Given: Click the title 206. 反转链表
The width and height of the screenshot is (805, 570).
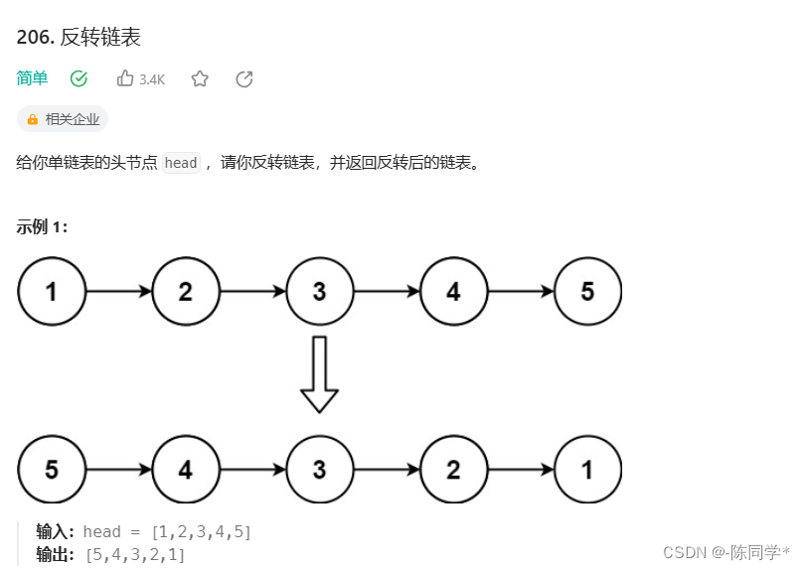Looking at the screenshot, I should [x=79, y=38].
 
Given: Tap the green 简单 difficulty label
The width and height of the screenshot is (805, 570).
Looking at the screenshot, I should [x=32, y=78].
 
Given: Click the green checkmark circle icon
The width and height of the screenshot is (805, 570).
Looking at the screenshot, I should [x=80, y=78].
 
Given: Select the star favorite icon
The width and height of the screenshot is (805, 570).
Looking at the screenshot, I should [x=200, y=78].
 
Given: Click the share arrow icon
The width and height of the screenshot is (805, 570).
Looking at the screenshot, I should [x=244, y=78].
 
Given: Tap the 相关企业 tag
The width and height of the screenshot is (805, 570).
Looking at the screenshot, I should [x=63, y=119].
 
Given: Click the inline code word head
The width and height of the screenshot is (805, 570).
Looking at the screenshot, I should [x=181, y=163].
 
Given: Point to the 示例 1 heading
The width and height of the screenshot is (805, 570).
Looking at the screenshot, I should [x=42, y=226].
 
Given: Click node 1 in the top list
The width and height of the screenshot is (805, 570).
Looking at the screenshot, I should [x=52, y=292].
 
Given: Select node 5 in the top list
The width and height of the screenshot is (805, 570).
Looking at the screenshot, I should [x=587, y=292].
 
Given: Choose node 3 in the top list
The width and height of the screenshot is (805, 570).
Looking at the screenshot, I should [x=319, y=292].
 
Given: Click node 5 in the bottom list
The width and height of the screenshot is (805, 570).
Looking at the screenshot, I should [x=52, y=470].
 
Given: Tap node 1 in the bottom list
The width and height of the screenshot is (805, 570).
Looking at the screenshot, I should [x=587, y=470].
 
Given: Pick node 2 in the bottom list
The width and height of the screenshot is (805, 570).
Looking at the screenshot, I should [x=453, y=470].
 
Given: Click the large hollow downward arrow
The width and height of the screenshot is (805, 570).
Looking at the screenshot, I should [x=319, y=374].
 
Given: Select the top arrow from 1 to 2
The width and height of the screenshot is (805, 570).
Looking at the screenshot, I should [x=118, y=292].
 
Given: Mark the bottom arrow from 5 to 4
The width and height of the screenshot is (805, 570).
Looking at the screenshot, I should [x=118, y=470].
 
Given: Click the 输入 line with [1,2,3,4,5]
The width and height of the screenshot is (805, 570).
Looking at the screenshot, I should [x=144, y=532].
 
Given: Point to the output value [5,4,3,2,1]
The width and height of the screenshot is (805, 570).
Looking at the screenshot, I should [x=136, y=554].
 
